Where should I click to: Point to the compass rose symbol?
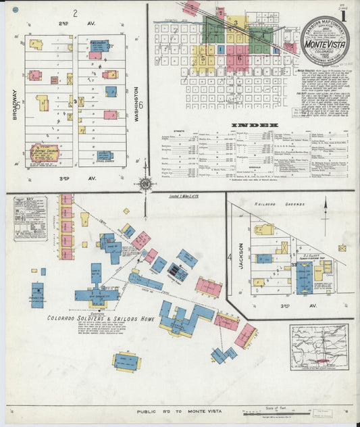pos(145,183)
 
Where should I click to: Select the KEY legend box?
pos(30,218)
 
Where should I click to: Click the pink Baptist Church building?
pos(45,153)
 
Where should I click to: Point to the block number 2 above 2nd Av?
pos(76,12)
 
